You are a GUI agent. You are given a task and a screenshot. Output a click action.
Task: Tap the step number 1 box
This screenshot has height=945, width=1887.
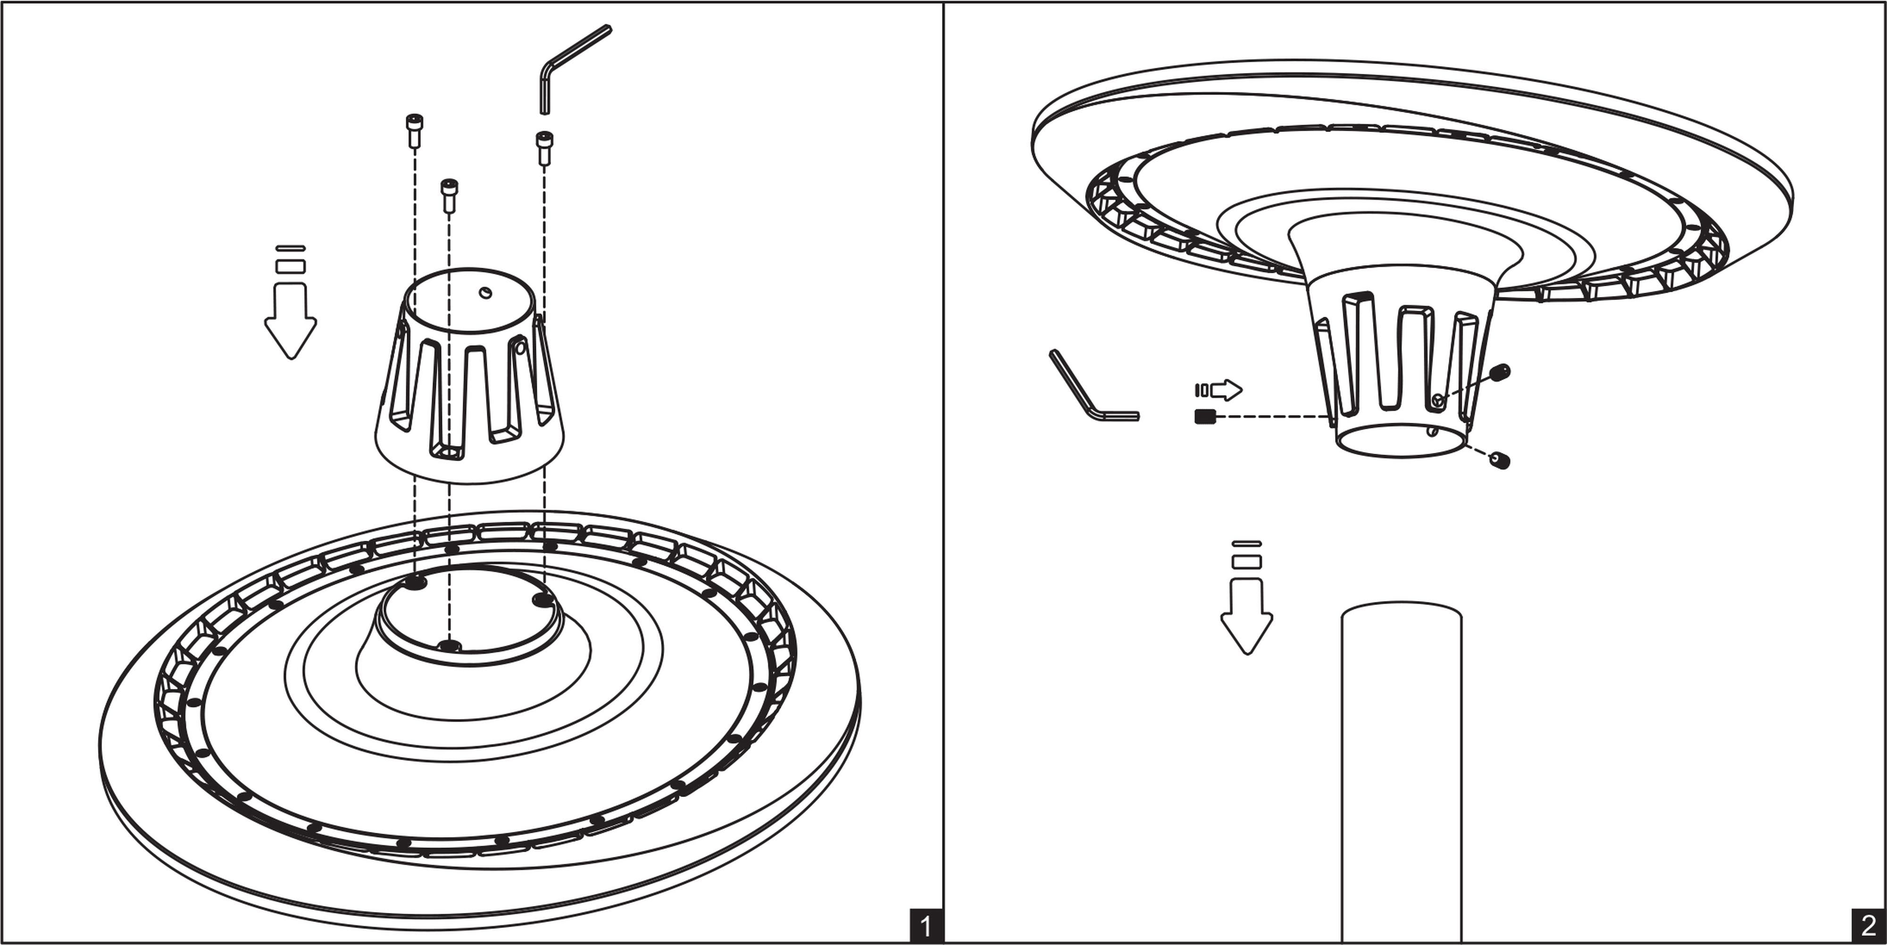[x=925, y=927]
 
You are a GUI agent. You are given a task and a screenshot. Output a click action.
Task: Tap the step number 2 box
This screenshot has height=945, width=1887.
[x=1869, y=927]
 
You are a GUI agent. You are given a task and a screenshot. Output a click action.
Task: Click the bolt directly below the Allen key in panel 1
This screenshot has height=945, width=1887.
[x=543, y=148]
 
